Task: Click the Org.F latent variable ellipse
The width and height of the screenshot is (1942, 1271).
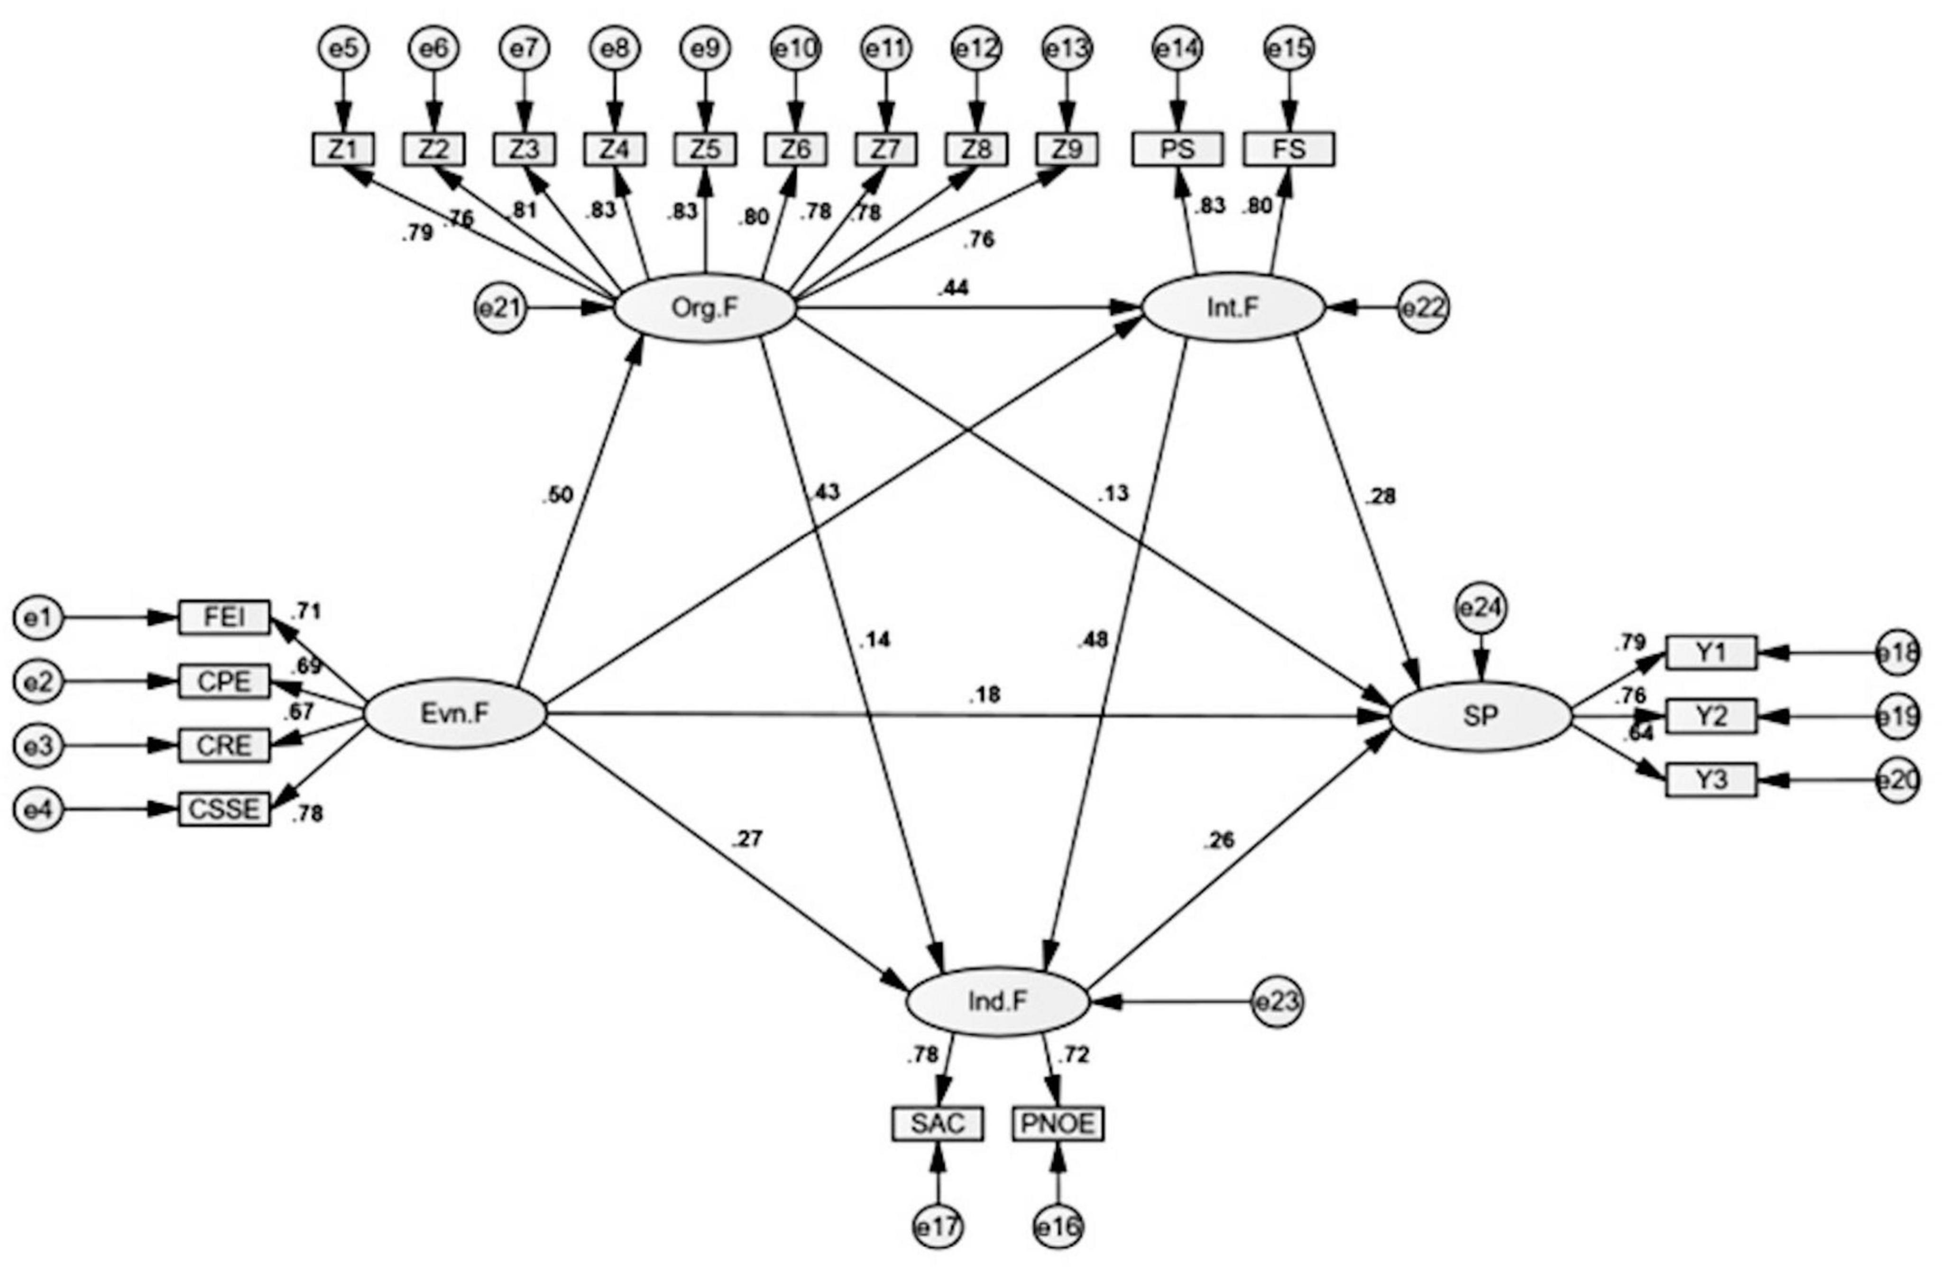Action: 704,308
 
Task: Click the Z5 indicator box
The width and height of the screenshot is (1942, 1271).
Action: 705,149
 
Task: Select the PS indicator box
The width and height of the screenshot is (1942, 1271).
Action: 1177,149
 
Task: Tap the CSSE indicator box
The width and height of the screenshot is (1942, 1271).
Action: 223,810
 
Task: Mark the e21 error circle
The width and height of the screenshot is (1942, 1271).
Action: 500,308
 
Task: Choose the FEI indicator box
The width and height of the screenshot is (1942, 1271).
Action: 223,618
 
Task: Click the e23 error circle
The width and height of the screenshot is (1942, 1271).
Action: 1278,1002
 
